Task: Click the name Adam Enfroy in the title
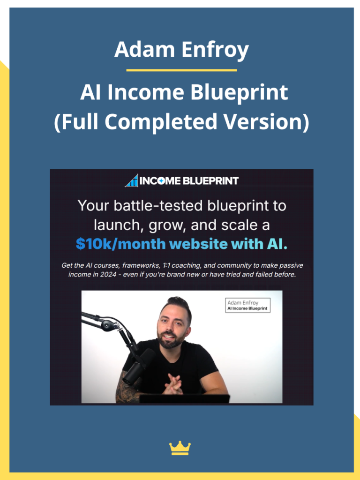181,50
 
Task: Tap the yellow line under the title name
181,70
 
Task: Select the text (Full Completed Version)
181,121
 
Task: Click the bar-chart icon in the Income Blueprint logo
132,180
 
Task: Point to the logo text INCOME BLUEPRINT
189,180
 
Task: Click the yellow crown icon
180,448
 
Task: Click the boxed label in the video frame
247,305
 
